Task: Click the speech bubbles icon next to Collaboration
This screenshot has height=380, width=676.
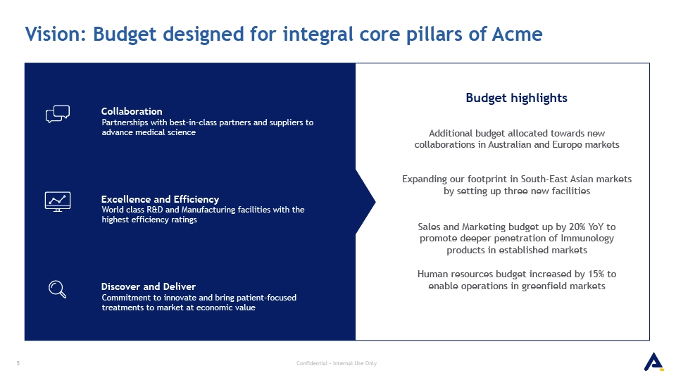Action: point(58,114)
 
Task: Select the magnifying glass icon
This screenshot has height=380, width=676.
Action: point(57,289)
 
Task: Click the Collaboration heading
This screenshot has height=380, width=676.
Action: point(132,111)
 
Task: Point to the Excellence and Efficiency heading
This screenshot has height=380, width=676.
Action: point(160,199)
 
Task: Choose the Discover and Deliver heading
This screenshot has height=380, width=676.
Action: point(149,286)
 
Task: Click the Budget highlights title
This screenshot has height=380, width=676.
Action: point(516,99)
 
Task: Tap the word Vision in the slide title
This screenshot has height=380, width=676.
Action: point(56,34)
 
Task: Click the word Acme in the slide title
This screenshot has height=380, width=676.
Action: point(517,34)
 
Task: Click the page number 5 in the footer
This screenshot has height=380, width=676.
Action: point(18,363)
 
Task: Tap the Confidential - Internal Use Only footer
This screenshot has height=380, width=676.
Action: point(337,363)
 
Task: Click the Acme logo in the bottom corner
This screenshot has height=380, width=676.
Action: point(653,362)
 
